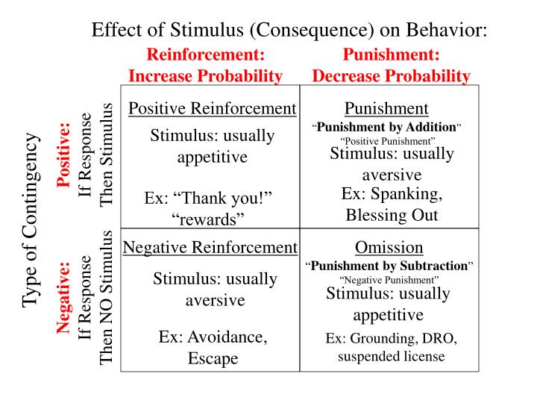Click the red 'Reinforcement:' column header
point(206,54)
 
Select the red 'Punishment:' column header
point(391,54)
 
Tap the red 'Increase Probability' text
point(206,75)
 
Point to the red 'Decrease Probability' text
point(391,75)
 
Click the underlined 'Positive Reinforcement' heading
point(212,108)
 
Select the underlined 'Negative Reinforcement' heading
point(210,247)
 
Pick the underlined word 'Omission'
point(389,247)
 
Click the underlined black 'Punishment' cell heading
point(386,108)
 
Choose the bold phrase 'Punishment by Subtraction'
point(390,265)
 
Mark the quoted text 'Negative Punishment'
point(389,279)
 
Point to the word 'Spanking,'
point(392,193)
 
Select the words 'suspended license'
point(391,356)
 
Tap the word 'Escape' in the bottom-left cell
point(213,358)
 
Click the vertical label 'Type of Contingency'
point(30,219)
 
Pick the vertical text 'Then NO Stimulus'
point(106,297)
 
